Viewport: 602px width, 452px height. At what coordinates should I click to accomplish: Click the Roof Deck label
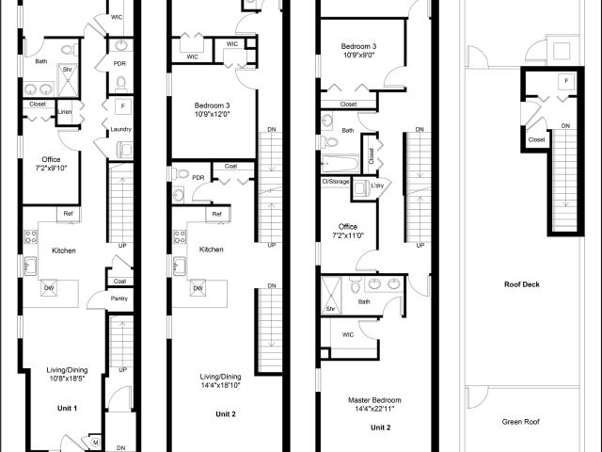coord(522,284)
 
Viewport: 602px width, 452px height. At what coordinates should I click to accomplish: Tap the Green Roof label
coord(520,422)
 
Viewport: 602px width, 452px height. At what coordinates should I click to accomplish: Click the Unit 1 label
coord(67,408)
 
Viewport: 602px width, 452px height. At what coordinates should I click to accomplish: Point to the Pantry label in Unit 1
coord(119,299)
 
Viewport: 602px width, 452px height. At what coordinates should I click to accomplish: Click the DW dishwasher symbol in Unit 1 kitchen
coord(49,288)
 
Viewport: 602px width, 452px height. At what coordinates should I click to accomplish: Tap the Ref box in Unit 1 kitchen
coord(69,214)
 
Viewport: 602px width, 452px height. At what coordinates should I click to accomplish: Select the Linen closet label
coord(65,112)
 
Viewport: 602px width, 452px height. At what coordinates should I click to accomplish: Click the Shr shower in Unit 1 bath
coord(68,80)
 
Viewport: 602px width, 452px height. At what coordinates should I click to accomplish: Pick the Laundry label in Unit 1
coord(121,129)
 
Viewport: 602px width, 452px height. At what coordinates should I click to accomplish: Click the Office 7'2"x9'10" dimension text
coord(51,168)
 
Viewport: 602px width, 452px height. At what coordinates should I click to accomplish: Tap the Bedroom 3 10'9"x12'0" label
coord(212,109)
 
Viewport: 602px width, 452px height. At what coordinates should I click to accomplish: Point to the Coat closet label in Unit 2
coord(230,166)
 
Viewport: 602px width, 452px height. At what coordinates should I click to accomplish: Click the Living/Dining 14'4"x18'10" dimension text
coord(221,385)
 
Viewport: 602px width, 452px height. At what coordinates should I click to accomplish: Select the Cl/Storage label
coord(336,182)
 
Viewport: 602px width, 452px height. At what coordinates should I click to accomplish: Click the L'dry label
coord(377,186)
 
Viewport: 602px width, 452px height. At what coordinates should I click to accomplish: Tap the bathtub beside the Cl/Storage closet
coord(341,164)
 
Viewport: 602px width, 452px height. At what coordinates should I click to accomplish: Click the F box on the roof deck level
coord(566,81)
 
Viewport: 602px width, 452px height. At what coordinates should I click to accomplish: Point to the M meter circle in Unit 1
coord(96,443)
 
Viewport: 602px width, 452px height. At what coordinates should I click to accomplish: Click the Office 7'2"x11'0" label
coord(348,231)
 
